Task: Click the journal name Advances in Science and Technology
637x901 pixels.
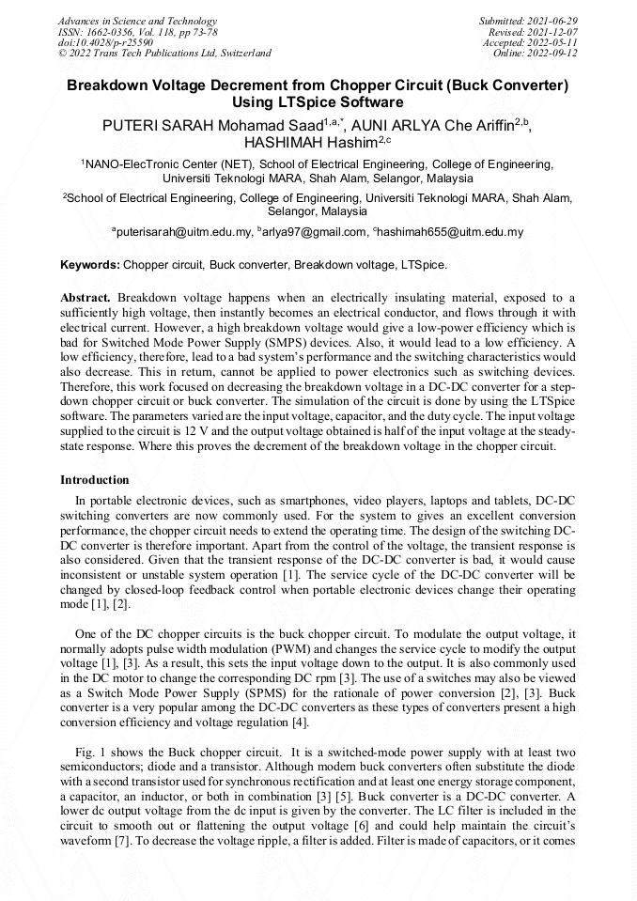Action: point(137,21)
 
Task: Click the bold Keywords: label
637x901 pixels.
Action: point(90,265)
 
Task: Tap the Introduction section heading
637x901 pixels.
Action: point(94,480)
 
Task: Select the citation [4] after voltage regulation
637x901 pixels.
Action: point(298,722)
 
